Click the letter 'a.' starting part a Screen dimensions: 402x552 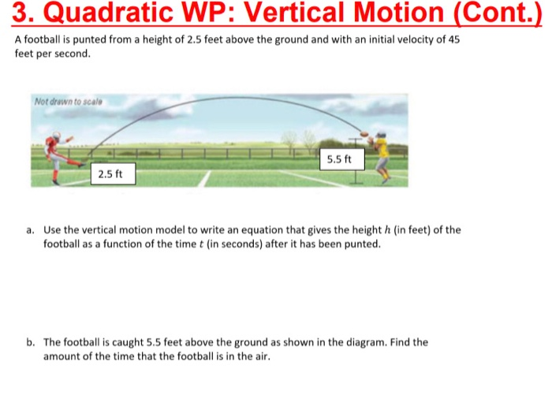pos(30,230)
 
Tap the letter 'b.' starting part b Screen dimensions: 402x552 pos(30,342)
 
